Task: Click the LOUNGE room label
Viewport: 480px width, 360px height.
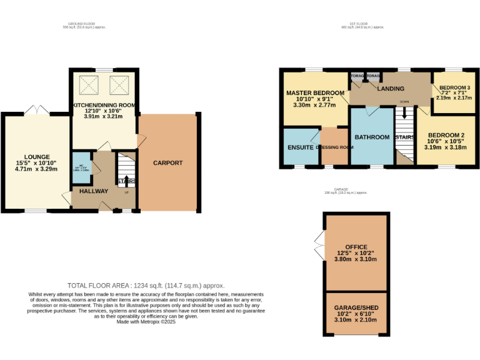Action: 37,156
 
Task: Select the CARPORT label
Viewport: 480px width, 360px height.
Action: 168,163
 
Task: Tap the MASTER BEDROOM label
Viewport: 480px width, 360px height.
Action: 315,92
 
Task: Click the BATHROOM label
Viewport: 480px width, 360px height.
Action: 372,137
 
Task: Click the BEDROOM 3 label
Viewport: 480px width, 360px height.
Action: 454,87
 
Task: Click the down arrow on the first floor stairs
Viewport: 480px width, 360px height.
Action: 404,114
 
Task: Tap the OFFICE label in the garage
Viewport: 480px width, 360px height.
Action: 356,247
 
